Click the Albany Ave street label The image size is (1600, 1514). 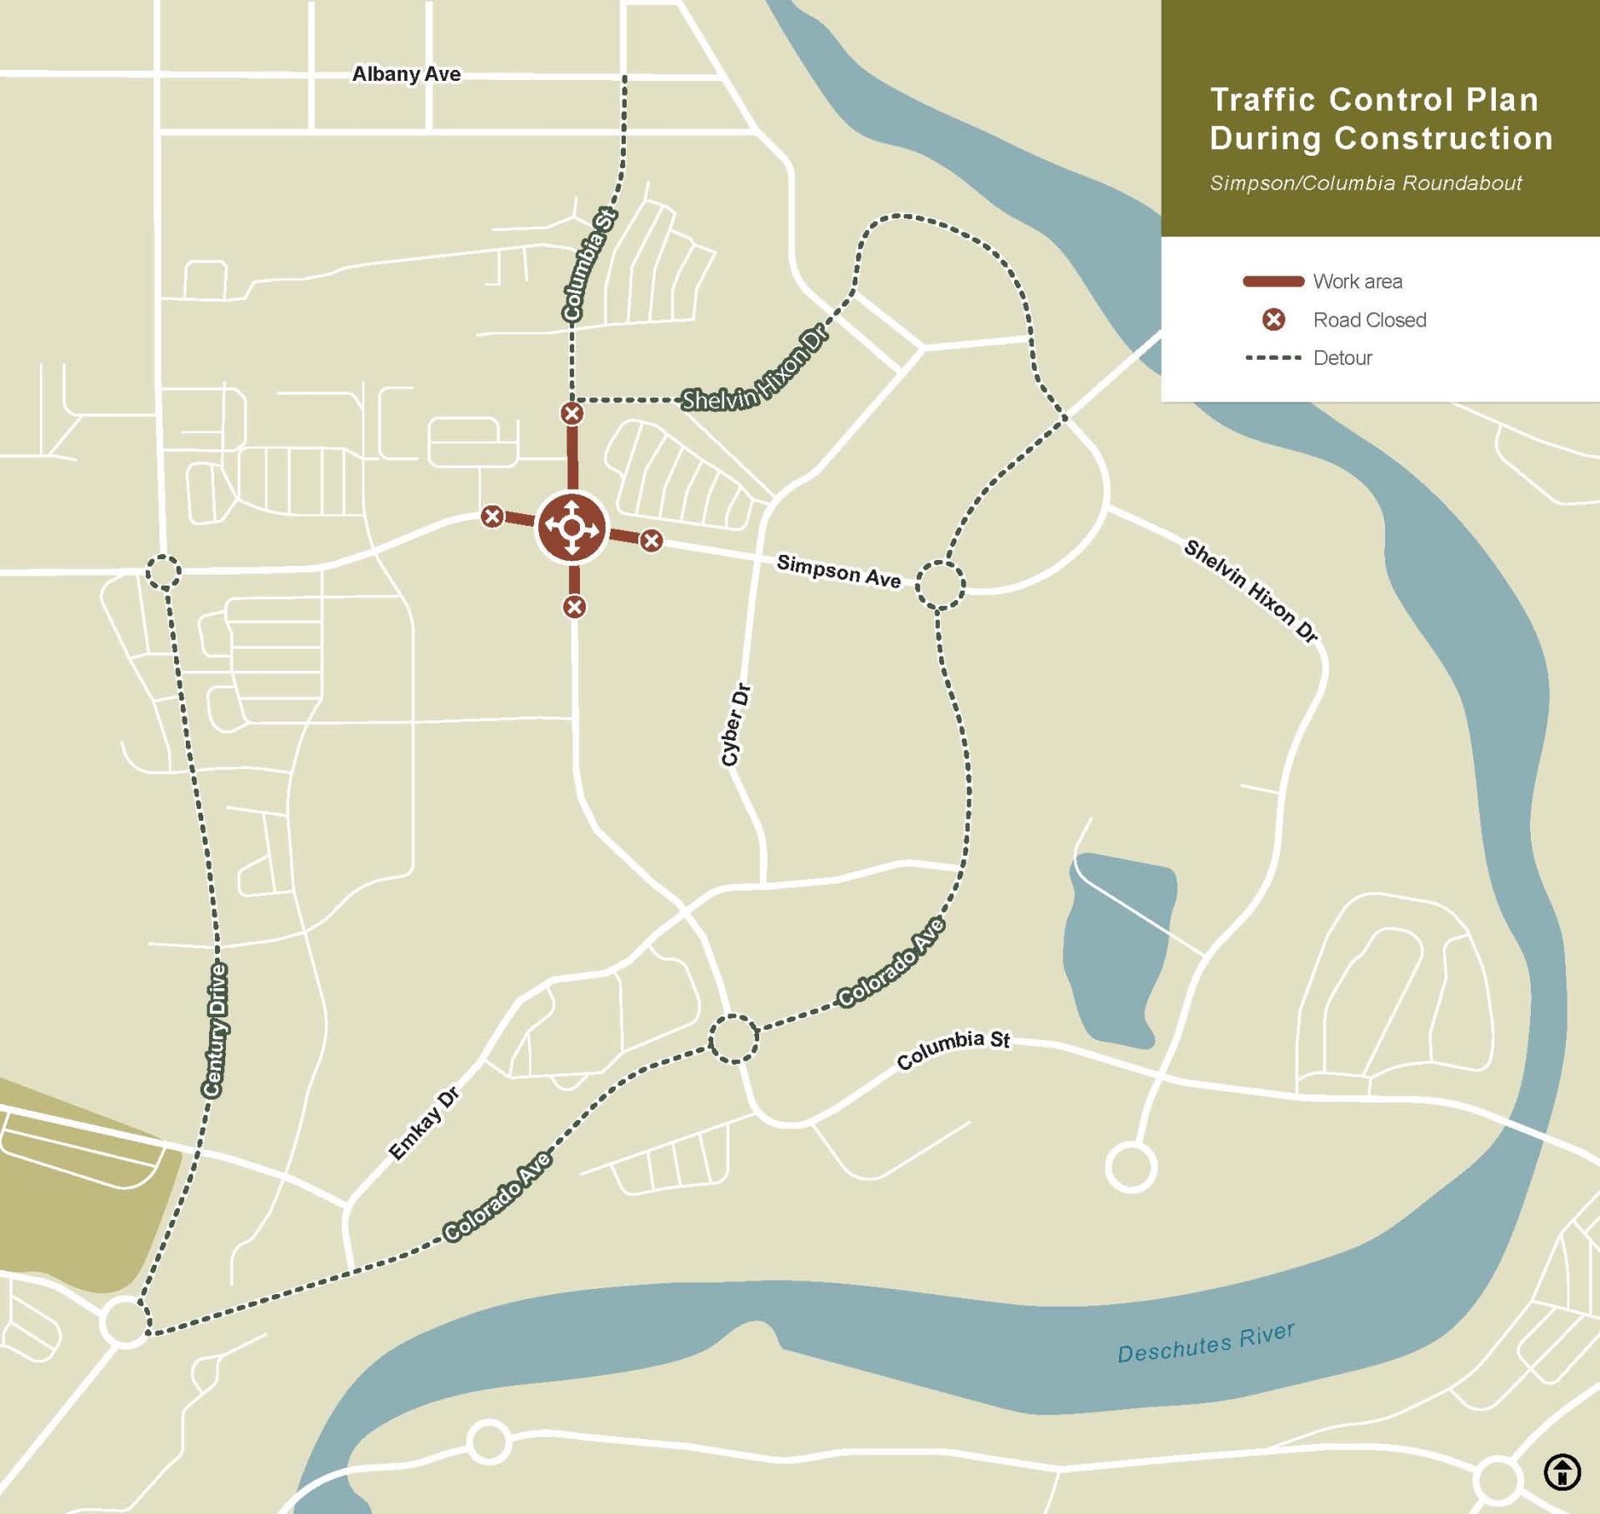406,74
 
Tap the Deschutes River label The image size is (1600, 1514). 1205,1342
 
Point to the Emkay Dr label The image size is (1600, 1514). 424,1123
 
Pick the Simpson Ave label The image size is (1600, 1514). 838,572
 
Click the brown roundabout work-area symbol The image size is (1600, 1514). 571,527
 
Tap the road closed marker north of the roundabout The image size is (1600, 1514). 572,413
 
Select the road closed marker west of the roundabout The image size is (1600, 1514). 492,517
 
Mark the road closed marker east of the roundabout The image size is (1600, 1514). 651,541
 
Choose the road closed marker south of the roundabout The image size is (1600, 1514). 574,607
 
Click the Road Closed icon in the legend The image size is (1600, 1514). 1273,320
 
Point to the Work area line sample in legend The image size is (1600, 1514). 1272,282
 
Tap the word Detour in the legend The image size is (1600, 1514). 1342,358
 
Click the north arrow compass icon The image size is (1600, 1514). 1562,1471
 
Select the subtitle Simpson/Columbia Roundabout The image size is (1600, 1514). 1365,183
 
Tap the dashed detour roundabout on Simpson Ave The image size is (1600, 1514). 940,584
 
